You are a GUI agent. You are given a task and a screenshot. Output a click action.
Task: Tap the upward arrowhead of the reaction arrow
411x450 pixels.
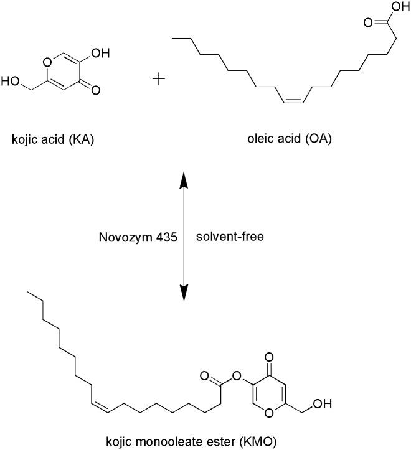[184, 180]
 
